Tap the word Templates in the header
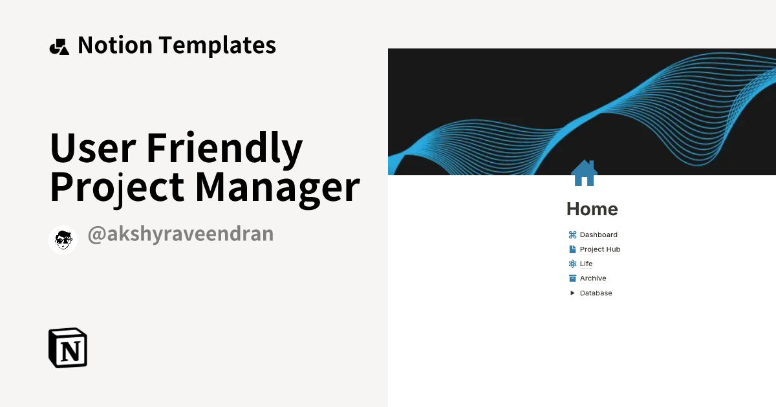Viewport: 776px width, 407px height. (217, 45)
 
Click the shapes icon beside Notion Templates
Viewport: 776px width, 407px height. (59, 47)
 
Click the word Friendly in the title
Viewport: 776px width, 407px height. (224, 149)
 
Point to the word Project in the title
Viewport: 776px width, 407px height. (118, 187)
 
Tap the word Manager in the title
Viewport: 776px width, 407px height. (277, 187)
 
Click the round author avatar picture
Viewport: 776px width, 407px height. (63, 240)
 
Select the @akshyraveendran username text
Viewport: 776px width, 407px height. (180, 234)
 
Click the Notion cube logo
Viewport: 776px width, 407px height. (68, 348)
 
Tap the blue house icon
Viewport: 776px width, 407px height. (584, 173)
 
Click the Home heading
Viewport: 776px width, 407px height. (592, 209)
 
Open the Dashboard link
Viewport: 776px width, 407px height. (598, 235)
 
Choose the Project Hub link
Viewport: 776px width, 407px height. (599, 249)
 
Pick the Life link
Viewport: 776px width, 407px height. (586, 264)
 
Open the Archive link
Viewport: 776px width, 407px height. (593, 278)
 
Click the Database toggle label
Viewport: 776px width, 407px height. (596, 293)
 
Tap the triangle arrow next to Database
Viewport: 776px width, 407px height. (572, 293)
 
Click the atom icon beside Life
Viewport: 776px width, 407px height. (572, 264)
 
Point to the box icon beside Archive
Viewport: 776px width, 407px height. (572, 278)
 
